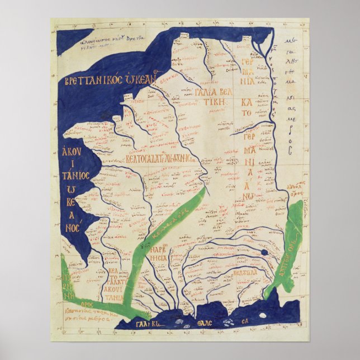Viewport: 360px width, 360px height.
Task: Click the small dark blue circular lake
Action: (263, 254)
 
